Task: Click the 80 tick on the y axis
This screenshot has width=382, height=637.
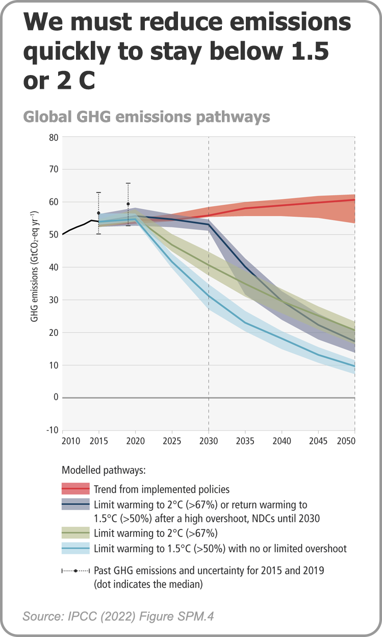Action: (53, 137)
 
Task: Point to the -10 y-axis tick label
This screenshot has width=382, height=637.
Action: (52, 430)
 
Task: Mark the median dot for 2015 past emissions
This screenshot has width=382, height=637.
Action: (98, 213)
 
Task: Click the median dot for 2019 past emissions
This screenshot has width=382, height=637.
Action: (128, 204)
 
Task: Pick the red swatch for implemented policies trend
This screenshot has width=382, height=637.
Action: (75, 489)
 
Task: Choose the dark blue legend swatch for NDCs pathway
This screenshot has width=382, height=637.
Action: (75, 505)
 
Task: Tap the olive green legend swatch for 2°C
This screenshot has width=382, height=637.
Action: (75, 534)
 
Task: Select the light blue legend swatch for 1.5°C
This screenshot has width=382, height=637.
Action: (75, 549)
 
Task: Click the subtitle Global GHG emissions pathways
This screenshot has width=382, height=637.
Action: (146, 117)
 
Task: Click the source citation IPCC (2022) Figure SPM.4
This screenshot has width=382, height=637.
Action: (118, 617)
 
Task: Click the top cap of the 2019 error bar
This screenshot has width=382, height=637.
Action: (128, 183)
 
